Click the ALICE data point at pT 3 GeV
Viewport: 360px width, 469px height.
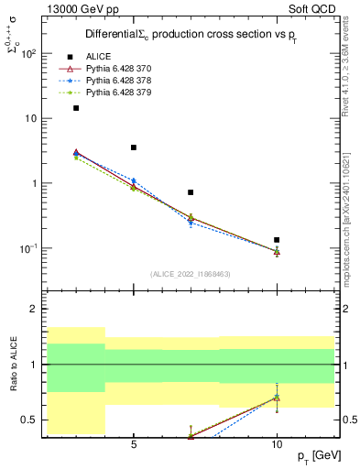point(76,108)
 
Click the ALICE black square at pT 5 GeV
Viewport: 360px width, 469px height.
point(134,147)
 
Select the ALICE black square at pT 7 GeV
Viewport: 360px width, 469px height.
point(191,192)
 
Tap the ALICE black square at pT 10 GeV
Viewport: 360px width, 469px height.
point(277,240)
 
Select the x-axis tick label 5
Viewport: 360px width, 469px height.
point(134,444)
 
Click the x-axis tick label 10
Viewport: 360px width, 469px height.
point(277,444)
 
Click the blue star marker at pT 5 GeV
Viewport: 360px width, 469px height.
point(134,180)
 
